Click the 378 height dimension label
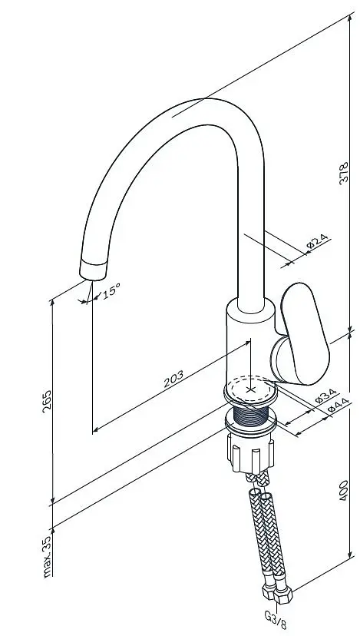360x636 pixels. pos(343,173)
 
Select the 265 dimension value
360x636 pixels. pos(47,401)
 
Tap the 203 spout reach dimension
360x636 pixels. pos(173,379)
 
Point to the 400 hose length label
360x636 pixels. pos(343,490)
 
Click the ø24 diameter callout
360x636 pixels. pos(318,241)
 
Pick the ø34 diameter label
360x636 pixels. pos(325,396)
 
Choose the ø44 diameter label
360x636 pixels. pos(338,406)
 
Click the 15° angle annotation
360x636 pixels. pos(111,291)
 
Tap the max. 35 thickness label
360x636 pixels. pos(48,555)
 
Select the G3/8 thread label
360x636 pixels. pos(276,620)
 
